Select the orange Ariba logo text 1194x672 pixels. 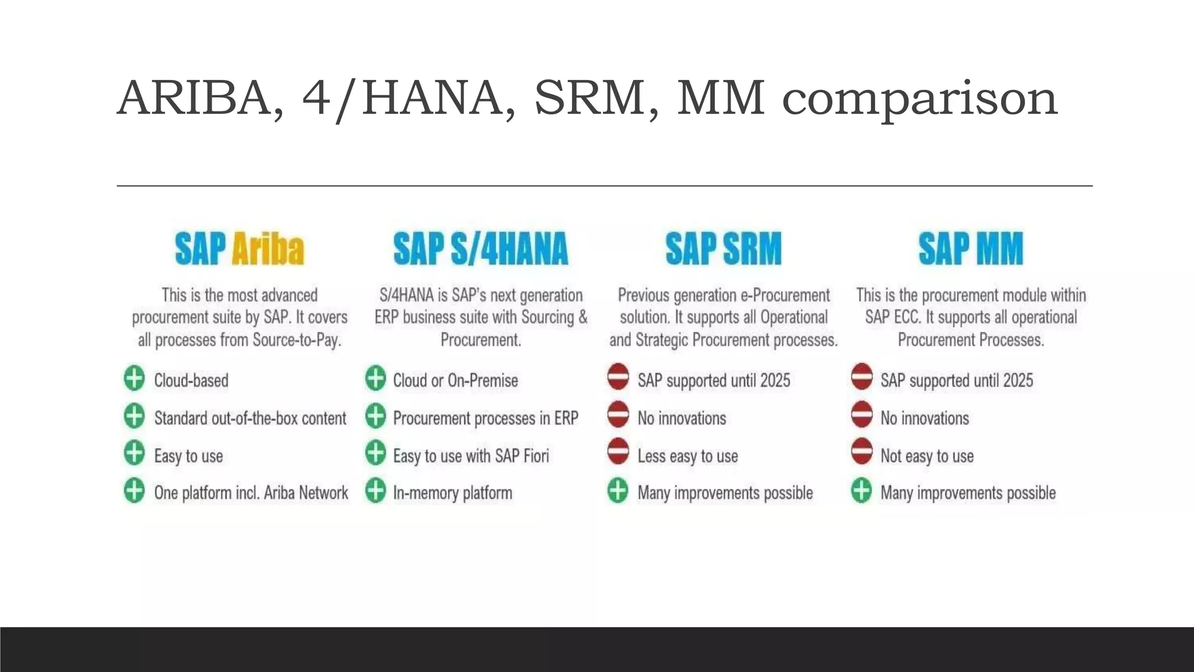[x=268, y=249]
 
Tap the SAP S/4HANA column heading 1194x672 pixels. [x=480, y=249]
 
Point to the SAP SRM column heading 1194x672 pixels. [x=723, y=249]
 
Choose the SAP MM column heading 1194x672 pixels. [x=971, y=249]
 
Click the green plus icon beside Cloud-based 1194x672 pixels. [x=135, y=379]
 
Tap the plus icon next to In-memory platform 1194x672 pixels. [x=375, y=491]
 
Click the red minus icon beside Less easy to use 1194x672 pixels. [x=618, y=453]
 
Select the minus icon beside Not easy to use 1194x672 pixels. [x=862, y=453]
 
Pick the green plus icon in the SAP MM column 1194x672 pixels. [x=862, y=491]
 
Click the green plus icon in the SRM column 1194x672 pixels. [x=618, y=491]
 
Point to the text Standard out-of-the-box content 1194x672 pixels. [x=250, y=418]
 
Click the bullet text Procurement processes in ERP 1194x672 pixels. [x=486, y=418]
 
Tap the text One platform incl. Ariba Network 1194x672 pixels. [x=251, y=493]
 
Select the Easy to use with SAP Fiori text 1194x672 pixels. [x=471, y=456]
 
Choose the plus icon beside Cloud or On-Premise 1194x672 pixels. [x=375, y=379]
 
